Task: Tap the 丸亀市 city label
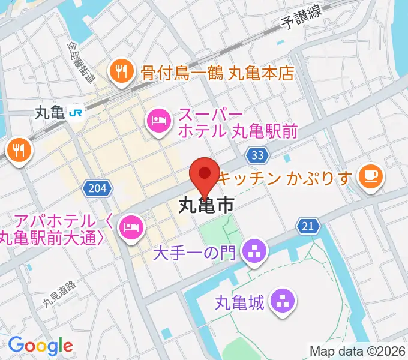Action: (x=206, y=207)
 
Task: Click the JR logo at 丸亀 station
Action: (x=76, y=112)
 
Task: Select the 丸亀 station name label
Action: (x=49, y=112)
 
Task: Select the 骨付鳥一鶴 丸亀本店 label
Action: (x=218, y=73)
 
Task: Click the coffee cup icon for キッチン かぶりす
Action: (x=368, y=176)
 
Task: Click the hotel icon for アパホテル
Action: (x=130, y=226)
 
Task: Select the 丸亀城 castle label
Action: (x=240, y=303)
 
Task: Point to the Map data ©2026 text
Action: (x=357, y=351)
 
